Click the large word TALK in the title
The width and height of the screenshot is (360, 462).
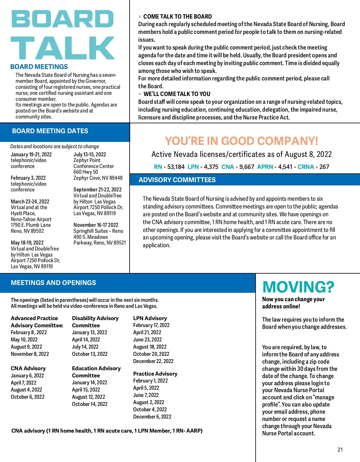[x=62, y=48]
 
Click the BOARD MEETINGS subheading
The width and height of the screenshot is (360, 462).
[x=39, y=67]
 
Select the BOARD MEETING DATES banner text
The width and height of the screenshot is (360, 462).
[x=50, y=131]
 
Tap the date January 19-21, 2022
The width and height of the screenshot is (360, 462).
[x=31, y=154]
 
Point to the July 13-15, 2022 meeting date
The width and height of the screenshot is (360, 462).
[x=90, y=154]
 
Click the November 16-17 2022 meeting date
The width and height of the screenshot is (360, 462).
[x=96, y=225]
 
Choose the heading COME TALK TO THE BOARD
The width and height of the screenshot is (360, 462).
[x=178, y=17]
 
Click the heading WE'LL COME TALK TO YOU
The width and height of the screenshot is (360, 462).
[x=177, y=94]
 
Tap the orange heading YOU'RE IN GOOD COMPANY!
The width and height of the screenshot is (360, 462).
[x=241, y=141]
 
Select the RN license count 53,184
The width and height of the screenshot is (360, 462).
[x=176, y=167]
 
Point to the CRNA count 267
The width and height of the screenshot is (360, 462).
[x=324, y=167]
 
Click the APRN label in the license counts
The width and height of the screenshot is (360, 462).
[x=265, y=167]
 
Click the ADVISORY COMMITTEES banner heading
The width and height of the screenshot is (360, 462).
[x=177, y=180]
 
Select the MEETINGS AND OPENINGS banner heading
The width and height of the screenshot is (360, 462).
[x=53, y=283]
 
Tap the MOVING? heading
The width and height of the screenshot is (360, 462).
[x=298, y=287]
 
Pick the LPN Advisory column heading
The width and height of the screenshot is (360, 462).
[x=150, y=318]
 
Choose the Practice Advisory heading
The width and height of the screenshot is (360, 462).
[x=155, y=374]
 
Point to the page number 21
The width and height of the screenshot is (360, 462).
[x=340, y=450]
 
